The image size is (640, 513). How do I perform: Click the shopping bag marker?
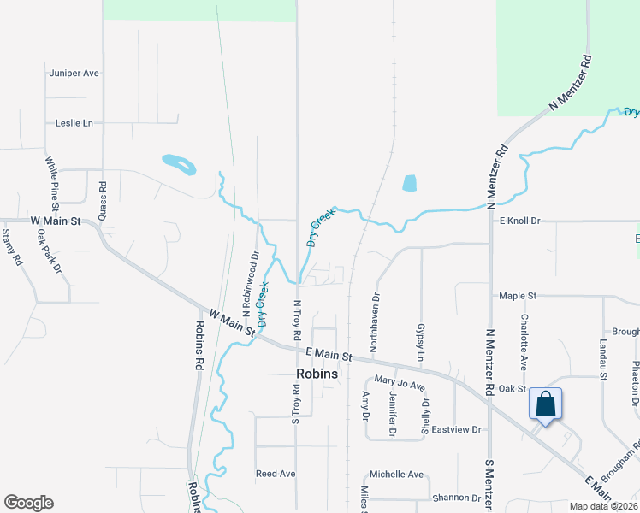tap(545, 404)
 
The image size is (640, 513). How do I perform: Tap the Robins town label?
tap(317, 374)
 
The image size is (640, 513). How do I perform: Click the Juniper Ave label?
tap(75, 74)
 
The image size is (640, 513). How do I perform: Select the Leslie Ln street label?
tap(74, 123)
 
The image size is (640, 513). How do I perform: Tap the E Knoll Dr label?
tap(520, 221)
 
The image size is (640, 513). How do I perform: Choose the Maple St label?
tap(518, 296)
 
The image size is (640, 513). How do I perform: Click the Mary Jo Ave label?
tap(400, 386)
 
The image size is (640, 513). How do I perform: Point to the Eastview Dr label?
tap(457, 429)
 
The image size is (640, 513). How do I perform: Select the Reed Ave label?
tap(276, 473)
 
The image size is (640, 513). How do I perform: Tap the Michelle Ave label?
tap(396, 475)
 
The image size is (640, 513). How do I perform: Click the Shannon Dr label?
tap(457, 498)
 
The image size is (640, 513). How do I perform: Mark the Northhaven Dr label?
tap(375, 315)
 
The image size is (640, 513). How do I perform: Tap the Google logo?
tap(28, 503)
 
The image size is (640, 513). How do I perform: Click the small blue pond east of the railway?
tap(409, 183)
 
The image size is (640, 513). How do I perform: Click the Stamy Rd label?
tap(11, 247)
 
